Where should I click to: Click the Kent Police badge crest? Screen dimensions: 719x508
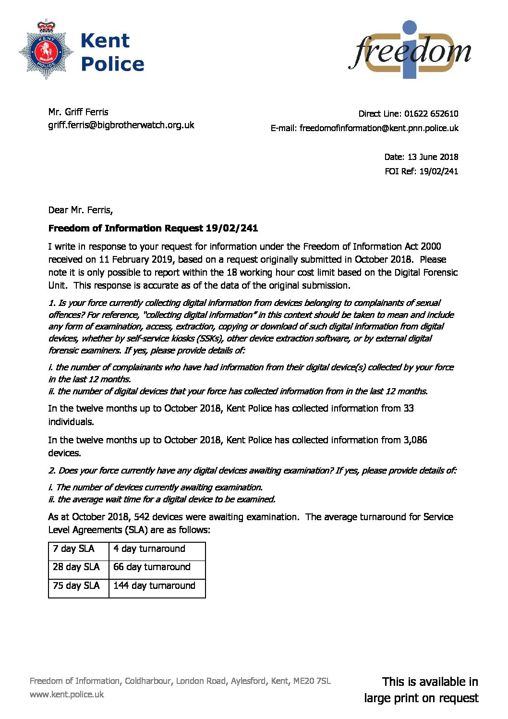[46, 50]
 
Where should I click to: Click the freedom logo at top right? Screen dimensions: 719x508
[410, 50]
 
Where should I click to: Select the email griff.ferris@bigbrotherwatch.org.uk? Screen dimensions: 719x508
[121, 125]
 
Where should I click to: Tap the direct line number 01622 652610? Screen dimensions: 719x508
[431, 114]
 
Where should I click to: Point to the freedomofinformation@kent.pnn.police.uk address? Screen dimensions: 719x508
[379, 128]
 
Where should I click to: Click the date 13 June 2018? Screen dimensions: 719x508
[433, 157]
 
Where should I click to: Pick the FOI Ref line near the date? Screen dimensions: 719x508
[421, 171]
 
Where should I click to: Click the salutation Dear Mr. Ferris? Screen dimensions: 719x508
[80, 210]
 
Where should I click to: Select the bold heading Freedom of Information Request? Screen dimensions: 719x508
[153, 228]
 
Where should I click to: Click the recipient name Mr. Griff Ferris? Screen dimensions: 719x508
[78, 112]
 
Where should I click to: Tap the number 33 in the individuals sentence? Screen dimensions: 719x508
[408, 408]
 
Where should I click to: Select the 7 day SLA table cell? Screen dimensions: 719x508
[73, 548]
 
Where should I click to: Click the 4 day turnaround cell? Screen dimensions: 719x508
[149, 548]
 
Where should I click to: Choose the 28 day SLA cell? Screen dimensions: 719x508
[76, 567]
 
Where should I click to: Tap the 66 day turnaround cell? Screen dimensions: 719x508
[152, 567]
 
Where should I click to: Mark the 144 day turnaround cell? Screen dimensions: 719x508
[154, 585]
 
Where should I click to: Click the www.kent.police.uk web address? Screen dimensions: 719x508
[67, 694]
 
